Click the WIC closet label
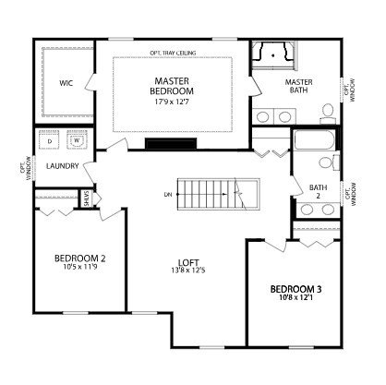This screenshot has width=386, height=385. click(66, 83)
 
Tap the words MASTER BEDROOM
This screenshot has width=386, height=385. click(171, 87)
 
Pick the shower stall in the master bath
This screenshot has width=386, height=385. click(275, 55)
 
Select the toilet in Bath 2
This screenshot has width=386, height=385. click(326, 163)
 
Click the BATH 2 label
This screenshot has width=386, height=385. click(318, 191)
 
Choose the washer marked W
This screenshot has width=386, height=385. click(76, 141)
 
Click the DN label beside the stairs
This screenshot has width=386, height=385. click(166, 194)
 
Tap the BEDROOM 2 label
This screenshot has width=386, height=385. click(79, 259)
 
